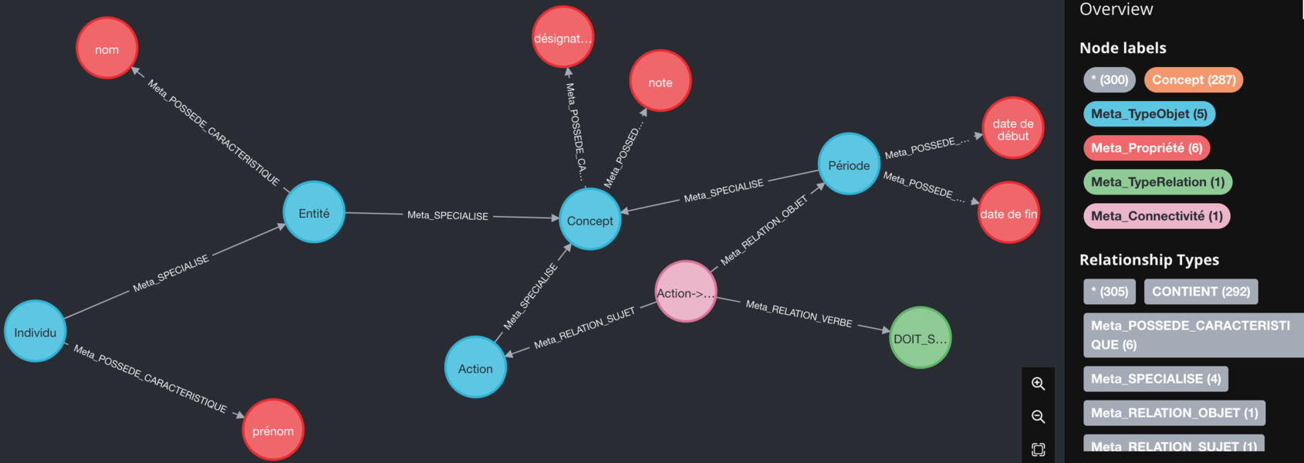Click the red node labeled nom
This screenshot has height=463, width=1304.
tap(106, 49)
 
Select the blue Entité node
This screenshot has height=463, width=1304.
tap(313, 212)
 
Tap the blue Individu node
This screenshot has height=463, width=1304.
tap(35, 332)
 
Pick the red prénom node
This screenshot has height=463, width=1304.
tap(272, 430)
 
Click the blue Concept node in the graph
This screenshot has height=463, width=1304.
tap(590, 220)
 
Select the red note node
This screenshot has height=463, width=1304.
tap(660, 82)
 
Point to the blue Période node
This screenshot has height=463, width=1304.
tap(848, 164)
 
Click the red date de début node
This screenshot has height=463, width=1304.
tap(1012, 128)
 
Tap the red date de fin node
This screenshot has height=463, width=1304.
tap(1008, 213)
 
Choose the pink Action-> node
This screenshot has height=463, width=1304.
tap(685, 292)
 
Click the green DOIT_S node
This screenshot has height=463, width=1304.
tap(920, 338)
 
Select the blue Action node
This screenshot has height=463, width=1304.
tap(475, 367)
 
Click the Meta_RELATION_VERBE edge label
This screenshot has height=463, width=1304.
tap(799, 314)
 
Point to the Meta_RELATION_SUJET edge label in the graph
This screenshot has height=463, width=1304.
tap(584, 327)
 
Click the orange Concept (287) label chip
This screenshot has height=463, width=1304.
tap(1193, 79)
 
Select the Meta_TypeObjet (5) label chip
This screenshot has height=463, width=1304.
tap(1149, 113)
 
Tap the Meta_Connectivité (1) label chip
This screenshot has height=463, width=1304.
tap(1156, 216)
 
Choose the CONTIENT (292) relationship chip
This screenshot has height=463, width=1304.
tap(1201, 291)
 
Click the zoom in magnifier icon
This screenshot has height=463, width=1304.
tap(1038, 384)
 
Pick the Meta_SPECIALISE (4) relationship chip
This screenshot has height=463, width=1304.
tap(1155, 379)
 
